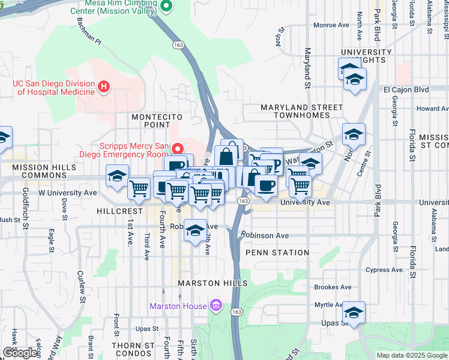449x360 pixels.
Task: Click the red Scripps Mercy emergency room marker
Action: coord(178,148)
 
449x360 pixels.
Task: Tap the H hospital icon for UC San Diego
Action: coord(104,88)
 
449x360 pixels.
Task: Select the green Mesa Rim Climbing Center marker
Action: coord(167,7)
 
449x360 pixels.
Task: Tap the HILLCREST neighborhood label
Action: coord(119,212)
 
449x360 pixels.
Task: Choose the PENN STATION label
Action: coord(277,253)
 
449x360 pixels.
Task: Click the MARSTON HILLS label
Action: coord(212,283)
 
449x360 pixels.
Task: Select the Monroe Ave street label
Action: coord(331,25)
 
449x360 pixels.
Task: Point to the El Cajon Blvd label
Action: coord(406,89)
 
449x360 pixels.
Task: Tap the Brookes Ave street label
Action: coord(333,287)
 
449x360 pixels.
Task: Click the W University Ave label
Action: coord(67,193)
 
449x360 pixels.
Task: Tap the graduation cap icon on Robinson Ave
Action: coord(195,230)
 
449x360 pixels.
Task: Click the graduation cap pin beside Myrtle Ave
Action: coord(354,312)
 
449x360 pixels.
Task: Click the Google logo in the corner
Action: coord(20,353)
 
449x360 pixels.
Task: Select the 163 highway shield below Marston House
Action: coord(237,312)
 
